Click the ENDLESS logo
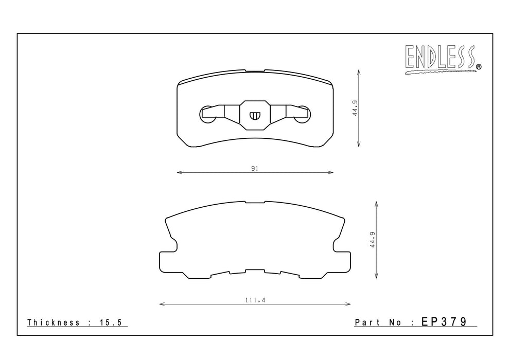coord(443,59)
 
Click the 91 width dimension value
coord(255,168)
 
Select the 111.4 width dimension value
coord(255,300)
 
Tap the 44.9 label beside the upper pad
coord(355,108)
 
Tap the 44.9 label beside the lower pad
coord(373,240)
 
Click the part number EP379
coord(444,321)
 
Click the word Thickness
coord(54,322)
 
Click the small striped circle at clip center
coord(255,115)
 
